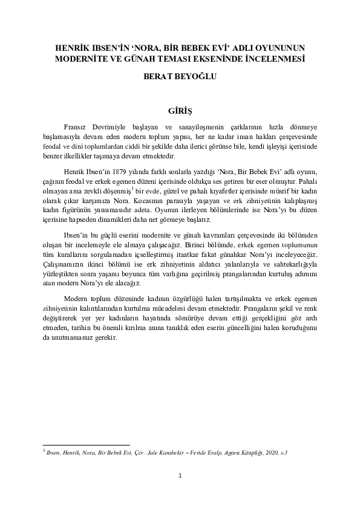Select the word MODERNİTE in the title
(81, 59)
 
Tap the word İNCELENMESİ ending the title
(274, 59)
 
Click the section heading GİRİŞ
(180, 111)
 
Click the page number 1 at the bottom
(180, 476)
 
